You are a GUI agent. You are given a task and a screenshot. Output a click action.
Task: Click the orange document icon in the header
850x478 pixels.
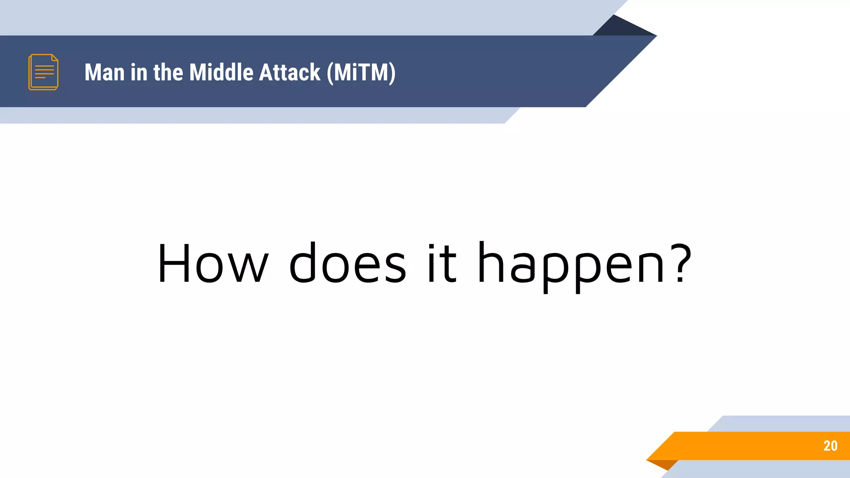click(x=43, y=72)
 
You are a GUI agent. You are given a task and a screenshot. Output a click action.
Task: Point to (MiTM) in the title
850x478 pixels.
click(x=361, y=73)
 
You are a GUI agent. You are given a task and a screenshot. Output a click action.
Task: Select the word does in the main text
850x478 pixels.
click(x=347, y=263)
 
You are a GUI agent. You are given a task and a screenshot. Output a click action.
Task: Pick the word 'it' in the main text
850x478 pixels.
click(x=442, y=263)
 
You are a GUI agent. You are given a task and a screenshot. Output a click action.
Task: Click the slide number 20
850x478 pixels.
click(x=830, y=446)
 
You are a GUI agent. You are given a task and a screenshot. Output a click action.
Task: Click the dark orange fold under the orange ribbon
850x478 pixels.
click(x=664, y=464)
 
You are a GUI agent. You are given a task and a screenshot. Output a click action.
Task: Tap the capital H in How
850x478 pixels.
click(x=173, y=263)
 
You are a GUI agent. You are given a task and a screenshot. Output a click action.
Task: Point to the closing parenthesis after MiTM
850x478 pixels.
click(x=392, y=73)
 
